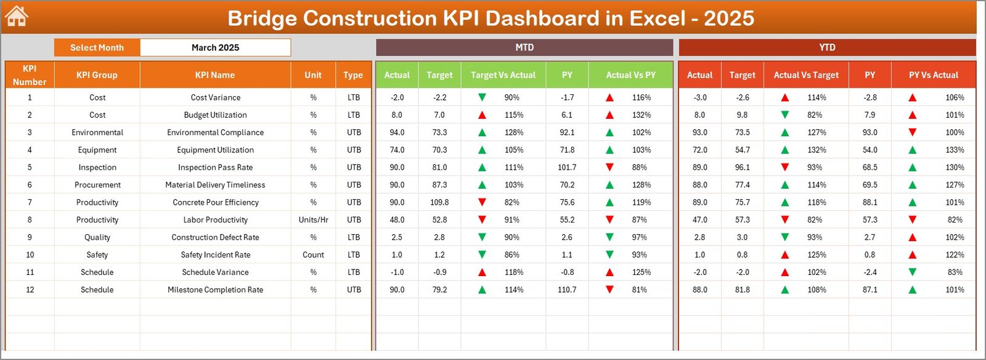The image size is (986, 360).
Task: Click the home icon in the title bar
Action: (x=17, y=17)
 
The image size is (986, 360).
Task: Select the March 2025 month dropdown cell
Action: (x=215, y=47)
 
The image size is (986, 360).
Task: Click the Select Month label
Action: (x=97, y=47)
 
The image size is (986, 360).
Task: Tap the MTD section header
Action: (x=524, y=47)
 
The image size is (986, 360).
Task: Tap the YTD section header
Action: (x=827, y=47)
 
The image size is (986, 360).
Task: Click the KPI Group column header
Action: (x=97, y=75)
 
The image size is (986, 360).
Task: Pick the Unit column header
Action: (x=313, y=75)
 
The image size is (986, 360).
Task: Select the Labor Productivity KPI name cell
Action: (x=215, y=220)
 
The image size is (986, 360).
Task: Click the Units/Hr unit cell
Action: (x=313, y=220)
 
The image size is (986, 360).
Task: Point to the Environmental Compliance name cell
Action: (x=215, y=133)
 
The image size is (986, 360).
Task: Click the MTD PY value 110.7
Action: (x=567, y=290)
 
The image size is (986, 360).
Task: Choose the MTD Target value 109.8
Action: (x=439, y=202)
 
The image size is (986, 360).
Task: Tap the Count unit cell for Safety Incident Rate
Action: (x=313, y=255)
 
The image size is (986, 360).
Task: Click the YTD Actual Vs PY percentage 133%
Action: (x=955, y=150)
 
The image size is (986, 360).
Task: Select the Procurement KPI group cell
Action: (x=97, y=185)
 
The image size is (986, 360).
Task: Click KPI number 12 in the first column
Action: (x=30, y=290)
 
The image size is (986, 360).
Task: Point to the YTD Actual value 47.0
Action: (x=699, y=220)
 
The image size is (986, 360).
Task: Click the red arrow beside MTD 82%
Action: (x=482, y=202)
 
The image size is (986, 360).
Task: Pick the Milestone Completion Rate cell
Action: (x=215, y=290)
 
